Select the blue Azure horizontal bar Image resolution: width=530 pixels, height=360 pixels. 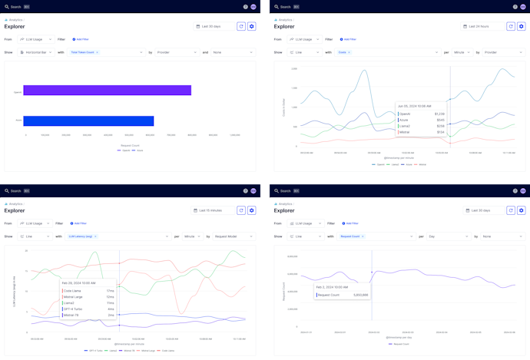[88, 121]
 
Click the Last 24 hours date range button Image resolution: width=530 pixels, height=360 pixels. [479, 26]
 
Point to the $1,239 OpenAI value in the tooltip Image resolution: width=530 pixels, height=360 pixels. [439, 114]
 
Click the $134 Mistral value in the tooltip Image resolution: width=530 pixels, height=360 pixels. [440, 132]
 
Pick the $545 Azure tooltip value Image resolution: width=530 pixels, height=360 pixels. [440, 120]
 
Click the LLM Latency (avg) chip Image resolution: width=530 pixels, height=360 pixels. [82, 236]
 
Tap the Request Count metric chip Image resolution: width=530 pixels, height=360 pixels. [351, 236]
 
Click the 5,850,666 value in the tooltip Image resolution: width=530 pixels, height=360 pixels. [359, 294]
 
